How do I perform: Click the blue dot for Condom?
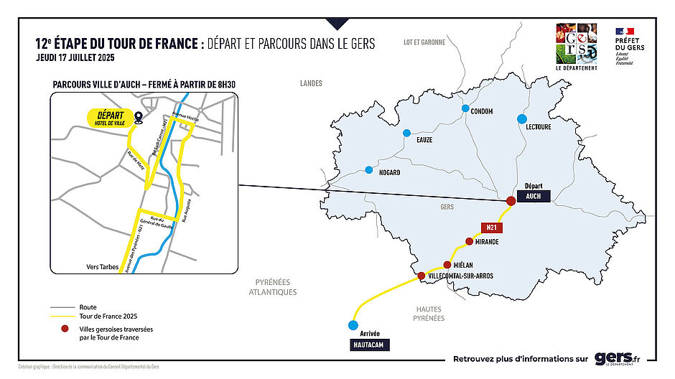[465, 109]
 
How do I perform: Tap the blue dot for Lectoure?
[522, 118]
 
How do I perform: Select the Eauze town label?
[424, 139]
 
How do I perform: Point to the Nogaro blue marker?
[369, 170]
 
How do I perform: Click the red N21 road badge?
[492, 228]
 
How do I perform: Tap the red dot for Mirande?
[469, 242]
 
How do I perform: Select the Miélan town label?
[464, 265]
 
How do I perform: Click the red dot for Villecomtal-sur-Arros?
[422, 276]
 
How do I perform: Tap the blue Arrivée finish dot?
[352, 325]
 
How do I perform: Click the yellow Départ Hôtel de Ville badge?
[109, 118]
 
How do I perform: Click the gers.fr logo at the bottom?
[617, 358]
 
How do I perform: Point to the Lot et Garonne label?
[424, 42]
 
